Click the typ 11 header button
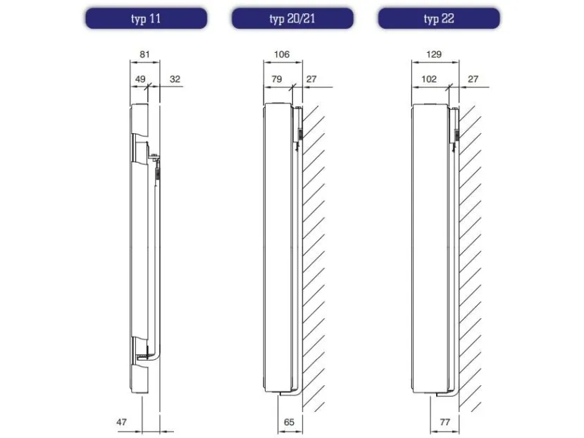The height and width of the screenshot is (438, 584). pyautogui.click(x=146, y=18)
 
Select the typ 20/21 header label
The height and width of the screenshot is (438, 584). pyautogui.click(x=292, y=18)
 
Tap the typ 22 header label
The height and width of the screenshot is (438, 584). pyautogui.click(x=439, y=18)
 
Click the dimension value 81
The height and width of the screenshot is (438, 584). pyautogui.click(x=144, y=54)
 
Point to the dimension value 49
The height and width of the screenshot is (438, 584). pyautogui.click(x=140, y=79)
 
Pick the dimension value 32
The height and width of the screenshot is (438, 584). pyautogui.click(x=175, y=79)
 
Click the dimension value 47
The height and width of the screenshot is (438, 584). pyautogui.click(x=121, y=422)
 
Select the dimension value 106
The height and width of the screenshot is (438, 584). pyautogui.click(x=282, y=54)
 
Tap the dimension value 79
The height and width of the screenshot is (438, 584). pyautogui.click(x=277, y=79)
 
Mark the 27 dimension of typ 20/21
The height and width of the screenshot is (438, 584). pyautogui.click(x=311, y=79)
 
